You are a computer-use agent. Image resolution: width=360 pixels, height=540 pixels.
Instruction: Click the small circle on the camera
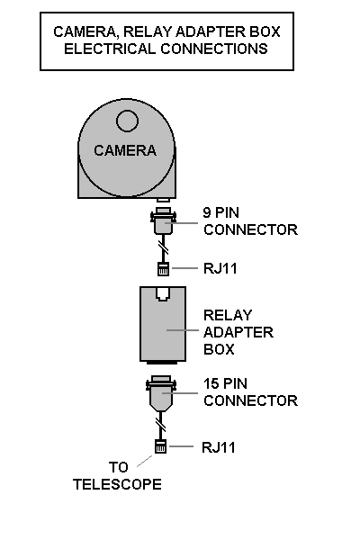pyautogui.click(x=127, y=121)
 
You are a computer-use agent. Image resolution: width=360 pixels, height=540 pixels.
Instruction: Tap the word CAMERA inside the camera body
pyautogui.click(x=125, y=150)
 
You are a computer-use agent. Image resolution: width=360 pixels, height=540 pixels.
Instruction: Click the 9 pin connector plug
pyautogui.click(x=163, y=220)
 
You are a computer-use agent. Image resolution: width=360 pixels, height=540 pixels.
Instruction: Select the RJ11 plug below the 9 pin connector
pyautogui.click(x=163, y=269)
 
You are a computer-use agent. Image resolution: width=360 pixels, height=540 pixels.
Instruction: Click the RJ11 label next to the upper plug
pyautogui.click(x=220, y=268)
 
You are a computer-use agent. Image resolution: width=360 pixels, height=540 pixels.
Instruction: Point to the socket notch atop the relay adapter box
pyautogui.click(x=163, y=293)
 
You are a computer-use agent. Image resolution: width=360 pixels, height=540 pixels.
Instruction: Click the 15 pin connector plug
pyautogui.click(x=161, y=393)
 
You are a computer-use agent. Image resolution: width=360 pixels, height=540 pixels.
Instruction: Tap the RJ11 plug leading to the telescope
pyautogui.click(x=160, y=446)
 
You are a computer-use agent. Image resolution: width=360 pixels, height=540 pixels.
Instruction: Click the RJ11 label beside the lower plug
pyautogui.click(x=219, y=447)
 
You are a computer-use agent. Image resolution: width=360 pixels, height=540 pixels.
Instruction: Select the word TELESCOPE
pyautogui.click(x=117, y=484)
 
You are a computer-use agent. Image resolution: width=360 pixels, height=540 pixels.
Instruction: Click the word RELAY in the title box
pyautogui.click(x=147, y=31)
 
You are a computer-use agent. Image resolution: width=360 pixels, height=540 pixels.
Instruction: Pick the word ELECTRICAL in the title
pyautogui.click(x=110, y=49)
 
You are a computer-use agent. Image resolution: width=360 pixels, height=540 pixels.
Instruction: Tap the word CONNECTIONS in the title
pyautogui.click(x=214, y=49)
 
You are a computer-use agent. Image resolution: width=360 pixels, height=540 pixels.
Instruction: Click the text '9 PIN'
pyautogui.click(x=220, y=212)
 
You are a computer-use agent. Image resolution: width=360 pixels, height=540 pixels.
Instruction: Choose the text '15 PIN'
pyautogui.click(x=225, y=383)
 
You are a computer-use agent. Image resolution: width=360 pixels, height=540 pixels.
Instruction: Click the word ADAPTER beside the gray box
pyautogui.click(x=238, y=332)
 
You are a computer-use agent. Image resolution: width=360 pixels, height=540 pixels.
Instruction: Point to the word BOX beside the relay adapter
pyautogui.click(x=219, y=349)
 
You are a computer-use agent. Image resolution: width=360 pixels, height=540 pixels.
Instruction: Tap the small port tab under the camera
pyautogui.click(x=163, y=200)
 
